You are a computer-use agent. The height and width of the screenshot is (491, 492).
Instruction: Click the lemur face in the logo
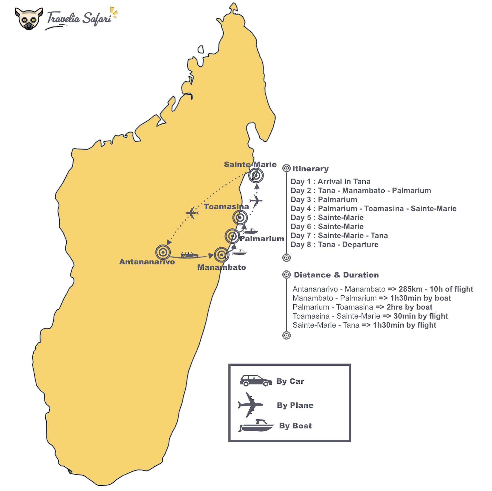click(x=29, y=19)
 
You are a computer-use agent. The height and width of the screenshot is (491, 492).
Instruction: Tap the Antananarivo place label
click(x=147, y=262)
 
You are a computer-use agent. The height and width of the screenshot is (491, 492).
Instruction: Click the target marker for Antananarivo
click(x=163, y=252)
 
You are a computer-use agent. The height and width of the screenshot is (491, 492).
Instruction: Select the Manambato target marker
click(x=221, y=255)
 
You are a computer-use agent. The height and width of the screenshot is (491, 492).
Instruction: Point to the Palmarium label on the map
click(x=262, y=239)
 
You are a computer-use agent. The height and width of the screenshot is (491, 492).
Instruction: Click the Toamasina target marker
click(x=240, y=217)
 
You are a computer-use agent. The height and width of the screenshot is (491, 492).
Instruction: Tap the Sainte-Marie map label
click(x=250, y=164)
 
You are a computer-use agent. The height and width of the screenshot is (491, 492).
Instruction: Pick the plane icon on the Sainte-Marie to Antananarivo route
click(x=192, y=213)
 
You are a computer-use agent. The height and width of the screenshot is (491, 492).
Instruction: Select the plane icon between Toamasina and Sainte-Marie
click(x=256, y=201)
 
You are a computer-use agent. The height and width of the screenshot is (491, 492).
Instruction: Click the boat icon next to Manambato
click(x=240, y=252)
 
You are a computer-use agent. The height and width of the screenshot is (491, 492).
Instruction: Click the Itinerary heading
click(x=310, y=169)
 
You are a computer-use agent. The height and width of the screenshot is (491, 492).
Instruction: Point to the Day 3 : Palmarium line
click(x=324, y=200)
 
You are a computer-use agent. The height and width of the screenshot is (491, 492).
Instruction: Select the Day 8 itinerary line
click(x=334, y=245)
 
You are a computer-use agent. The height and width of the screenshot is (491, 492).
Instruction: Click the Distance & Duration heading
click(x=336, y=275)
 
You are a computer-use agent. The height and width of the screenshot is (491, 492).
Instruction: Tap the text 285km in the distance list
click(x=411, y=289)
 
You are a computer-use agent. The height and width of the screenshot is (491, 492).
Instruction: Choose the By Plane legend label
click(x=295, y=405)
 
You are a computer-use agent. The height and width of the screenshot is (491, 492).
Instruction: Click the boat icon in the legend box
click(x=256, y=426)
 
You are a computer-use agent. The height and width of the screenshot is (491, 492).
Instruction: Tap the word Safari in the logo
click(x=97, y=19)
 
